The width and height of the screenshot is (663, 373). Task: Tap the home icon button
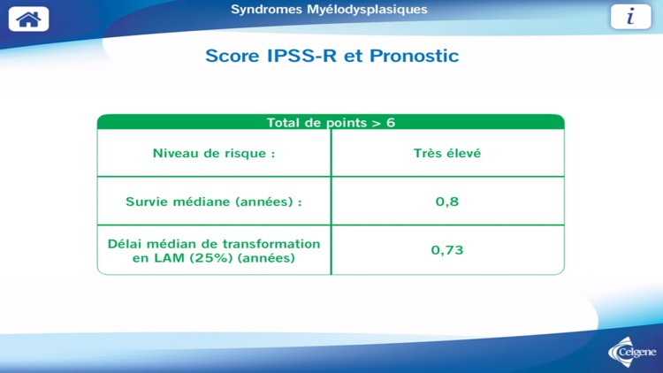coord(28,19)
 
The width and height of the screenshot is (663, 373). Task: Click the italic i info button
coord(630,17)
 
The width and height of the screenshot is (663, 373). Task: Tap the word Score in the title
coord(232,56)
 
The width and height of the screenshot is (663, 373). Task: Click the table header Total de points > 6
coord(331,123)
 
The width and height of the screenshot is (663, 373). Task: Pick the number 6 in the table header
coord(390,123)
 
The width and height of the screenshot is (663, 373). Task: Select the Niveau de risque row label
coord(214,153)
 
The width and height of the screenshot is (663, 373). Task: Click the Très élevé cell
coord(447,153)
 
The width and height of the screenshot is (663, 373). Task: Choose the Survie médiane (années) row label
coord(214,202)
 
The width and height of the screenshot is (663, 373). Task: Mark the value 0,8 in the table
coord(447,202)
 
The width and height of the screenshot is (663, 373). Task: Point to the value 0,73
coord(447,250)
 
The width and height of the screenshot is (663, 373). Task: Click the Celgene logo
coord(633,352)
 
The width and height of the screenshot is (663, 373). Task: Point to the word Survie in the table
coord(149,202)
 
